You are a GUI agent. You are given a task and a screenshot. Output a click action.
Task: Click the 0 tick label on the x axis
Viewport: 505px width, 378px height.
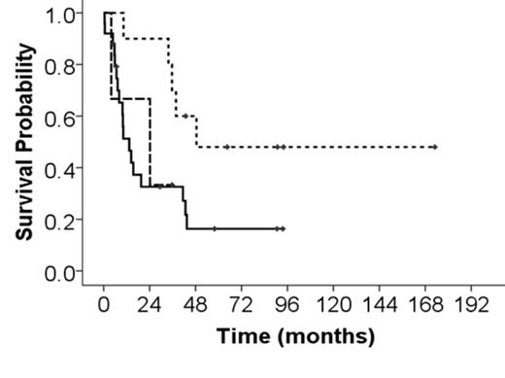(104, 302)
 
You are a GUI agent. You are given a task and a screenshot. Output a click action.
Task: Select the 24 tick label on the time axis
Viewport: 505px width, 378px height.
(151, 302)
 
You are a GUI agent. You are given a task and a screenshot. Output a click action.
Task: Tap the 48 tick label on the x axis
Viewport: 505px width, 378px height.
(196, 302)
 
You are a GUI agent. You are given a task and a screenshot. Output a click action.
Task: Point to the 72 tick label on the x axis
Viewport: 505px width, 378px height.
(243, 302)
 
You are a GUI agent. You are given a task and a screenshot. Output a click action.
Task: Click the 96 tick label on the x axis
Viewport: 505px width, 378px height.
(288, 302)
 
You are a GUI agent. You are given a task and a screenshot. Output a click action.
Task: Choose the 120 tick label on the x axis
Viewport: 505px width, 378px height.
(334, 302)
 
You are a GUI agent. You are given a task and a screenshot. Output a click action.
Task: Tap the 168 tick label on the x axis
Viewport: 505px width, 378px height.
(426, 302)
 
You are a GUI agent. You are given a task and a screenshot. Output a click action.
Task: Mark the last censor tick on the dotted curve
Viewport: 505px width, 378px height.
(435, 147)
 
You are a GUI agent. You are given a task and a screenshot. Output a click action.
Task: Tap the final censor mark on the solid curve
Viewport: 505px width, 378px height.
(283, 228)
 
